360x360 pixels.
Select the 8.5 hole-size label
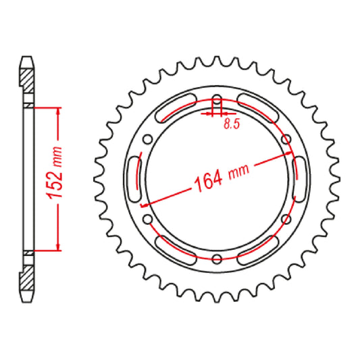coord(230,124)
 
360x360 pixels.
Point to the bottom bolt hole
coord(217,257)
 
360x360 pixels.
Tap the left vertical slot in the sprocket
coord(134,179)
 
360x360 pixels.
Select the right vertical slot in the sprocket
coord(300,179)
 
